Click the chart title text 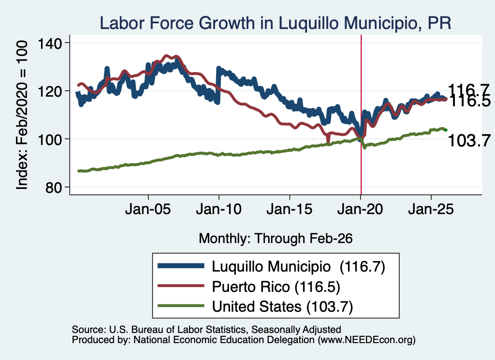coord(275,23)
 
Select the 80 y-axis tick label coord(53,187)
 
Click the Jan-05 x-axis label coord(148,209)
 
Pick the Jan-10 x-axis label coord(218,209)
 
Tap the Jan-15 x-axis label coord(290,209)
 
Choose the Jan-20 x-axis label coord(360,209)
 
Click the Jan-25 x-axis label coord(431,209)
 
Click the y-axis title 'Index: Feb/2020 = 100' coord(22,115)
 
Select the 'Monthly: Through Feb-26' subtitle coord(276,239)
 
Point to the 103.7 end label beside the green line coord(469,141)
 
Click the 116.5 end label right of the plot coord(469,101)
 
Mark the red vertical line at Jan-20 coord(361,115)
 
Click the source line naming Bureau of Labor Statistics coord(206,330)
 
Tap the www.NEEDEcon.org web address coord(366,340)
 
